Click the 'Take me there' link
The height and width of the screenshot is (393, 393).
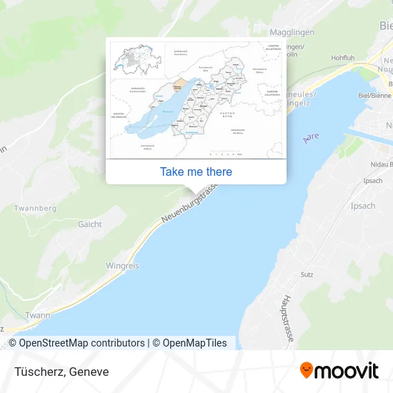(196, 171)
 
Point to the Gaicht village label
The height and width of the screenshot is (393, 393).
(90, 224)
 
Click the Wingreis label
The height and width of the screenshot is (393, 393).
(122, 265)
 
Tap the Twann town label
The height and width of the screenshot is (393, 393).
(36, 315)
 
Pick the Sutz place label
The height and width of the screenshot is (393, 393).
(307, 274)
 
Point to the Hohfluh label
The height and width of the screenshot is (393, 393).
(342, 57)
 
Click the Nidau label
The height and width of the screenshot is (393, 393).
(372, 165)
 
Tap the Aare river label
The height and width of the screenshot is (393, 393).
(310, 136)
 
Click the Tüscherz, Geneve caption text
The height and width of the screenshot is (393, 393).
(60, 372)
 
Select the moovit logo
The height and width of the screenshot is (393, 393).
(339, 371)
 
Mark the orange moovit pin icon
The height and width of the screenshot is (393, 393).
(306, 371)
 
